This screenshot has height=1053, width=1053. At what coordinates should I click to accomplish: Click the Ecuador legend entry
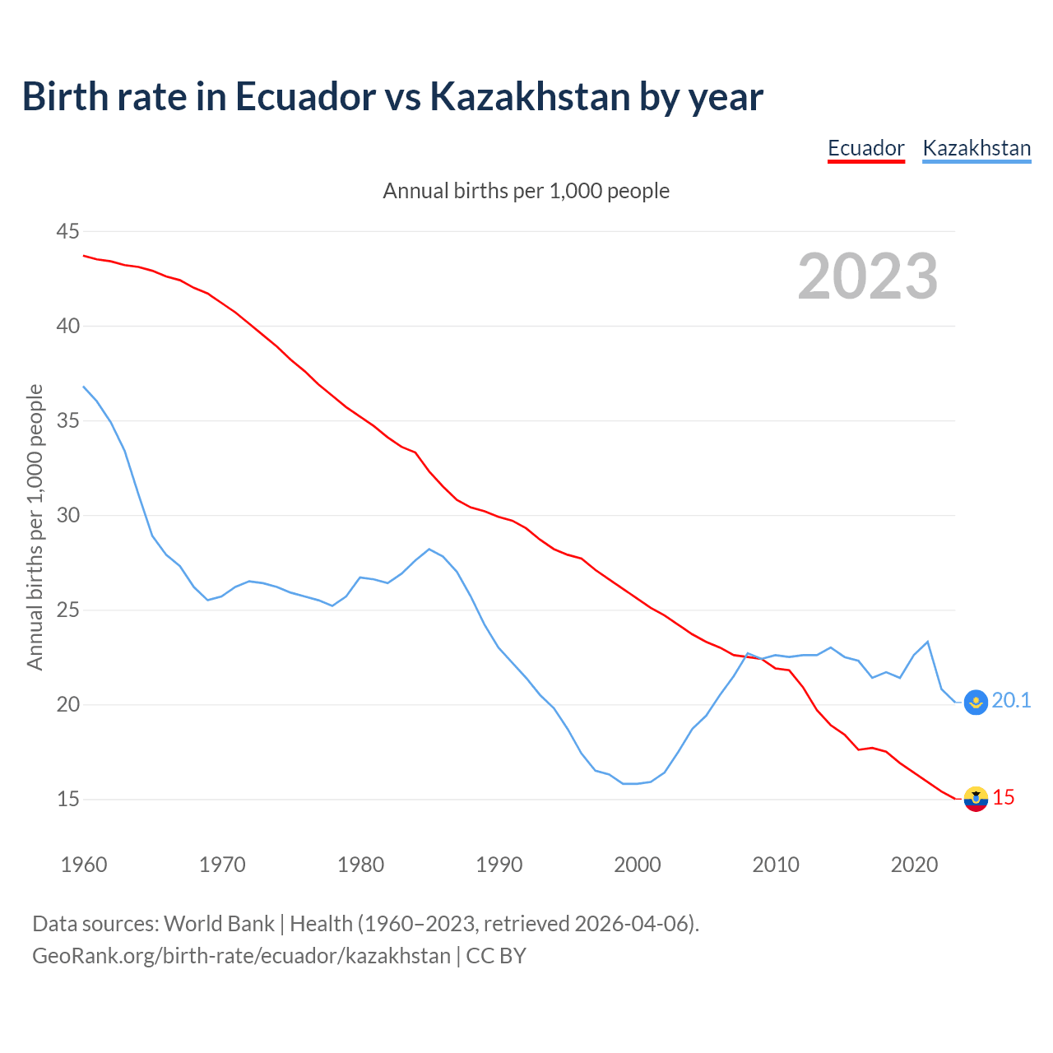865,148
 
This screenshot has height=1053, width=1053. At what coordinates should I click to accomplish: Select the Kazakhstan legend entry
976,148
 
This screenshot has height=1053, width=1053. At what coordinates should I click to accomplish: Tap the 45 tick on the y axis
67,231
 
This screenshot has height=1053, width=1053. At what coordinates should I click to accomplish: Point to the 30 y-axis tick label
67,516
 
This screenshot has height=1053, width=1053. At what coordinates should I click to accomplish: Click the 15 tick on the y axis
67,800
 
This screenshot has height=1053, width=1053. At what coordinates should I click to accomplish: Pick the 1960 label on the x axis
84,865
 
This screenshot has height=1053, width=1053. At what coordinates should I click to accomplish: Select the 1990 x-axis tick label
499,865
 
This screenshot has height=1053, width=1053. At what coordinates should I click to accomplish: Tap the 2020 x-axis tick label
914,865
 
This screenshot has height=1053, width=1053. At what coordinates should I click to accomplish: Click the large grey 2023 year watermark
868,276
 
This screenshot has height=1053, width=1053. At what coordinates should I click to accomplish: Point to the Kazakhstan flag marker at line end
976,702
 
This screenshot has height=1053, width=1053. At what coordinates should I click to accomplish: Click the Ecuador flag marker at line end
976,798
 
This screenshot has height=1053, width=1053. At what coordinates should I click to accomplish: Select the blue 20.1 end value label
1011,700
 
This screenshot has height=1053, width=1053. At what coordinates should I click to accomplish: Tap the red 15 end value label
1004,797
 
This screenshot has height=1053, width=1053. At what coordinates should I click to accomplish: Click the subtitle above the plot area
526,191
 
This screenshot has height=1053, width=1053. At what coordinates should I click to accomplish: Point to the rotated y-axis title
35,526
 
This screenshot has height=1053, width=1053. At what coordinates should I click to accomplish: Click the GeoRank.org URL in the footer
241,956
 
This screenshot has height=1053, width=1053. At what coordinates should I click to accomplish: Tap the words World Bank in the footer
219,924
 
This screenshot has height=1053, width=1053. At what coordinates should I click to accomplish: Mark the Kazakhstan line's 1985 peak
429,549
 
